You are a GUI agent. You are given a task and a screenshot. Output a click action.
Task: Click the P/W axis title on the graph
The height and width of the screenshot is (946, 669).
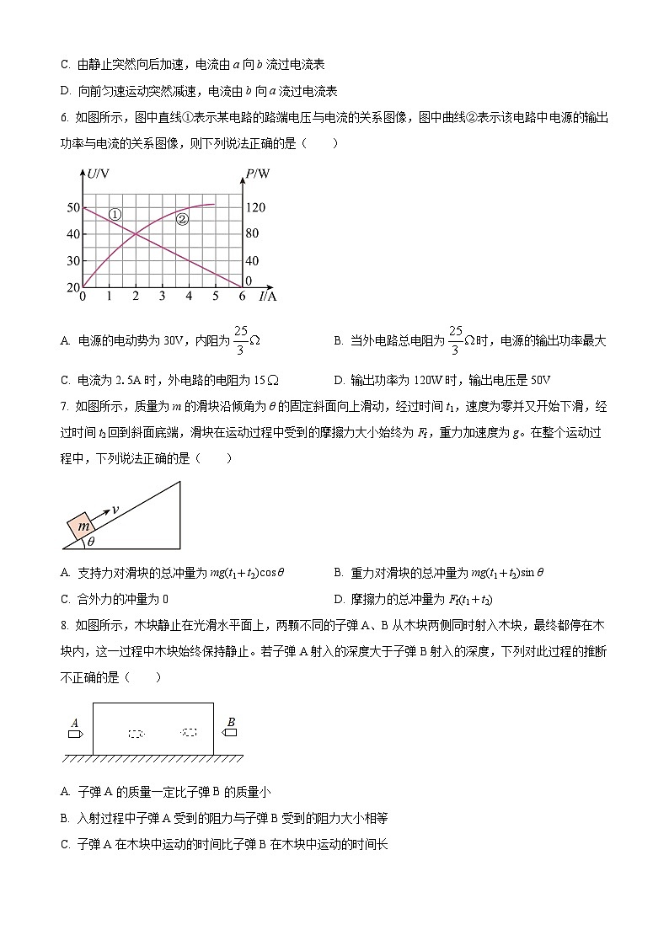point(258,174)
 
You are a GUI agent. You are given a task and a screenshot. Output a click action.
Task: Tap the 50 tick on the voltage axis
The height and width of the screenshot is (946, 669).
point(73,207)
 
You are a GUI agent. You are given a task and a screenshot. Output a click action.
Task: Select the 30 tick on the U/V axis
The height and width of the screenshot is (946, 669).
point(73,261)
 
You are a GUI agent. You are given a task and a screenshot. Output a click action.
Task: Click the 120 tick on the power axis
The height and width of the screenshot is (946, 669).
point(255,207)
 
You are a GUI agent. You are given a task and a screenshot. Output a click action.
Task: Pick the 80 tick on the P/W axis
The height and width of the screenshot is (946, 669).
point(252,234)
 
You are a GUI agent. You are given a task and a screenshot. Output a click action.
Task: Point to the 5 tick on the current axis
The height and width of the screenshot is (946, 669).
point(215,297)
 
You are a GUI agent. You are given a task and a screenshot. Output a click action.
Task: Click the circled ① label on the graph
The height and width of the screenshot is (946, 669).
point(115,215)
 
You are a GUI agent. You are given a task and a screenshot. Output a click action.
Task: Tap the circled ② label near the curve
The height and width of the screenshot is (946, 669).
point(182,219)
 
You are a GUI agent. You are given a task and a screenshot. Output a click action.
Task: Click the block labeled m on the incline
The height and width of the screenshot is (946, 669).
point(83,527)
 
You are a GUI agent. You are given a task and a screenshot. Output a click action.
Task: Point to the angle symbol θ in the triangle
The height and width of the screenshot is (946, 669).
point(91,542)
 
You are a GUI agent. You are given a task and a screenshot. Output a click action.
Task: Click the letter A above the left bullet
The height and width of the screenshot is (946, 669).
point(75,722)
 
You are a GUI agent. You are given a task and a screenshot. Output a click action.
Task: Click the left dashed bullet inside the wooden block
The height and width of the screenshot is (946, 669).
point(136,734)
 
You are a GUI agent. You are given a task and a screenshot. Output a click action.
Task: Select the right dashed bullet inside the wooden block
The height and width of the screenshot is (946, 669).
point(189,733)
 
